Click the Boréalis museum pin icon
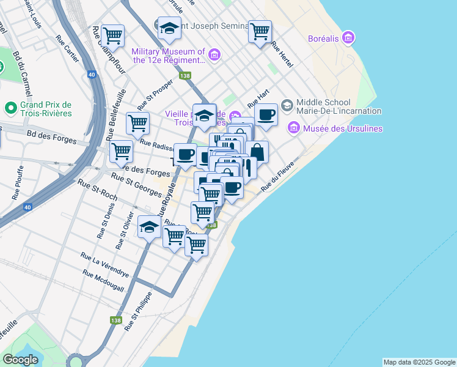point(348,39)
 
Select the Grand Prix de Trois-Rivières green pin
point(10,109)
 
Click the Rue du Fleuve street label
point(278,177)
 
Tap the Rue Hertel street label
point(282,54)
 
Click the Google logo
point(20,360)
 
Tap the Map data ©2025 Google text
point(419,362)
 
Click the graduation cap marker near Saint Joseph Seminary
point(169,29)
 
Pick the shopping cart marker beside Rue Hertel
point(260,31)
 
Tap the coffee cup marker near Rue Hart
point(266,115)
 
